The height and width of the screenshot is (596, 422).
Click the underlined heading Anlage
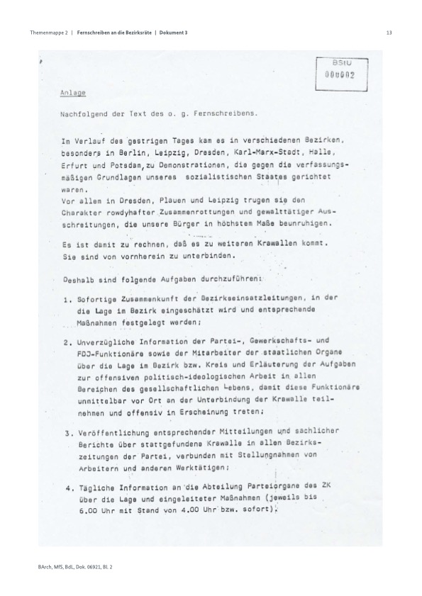72,92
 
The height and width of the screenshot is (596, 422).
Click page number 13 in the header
389,33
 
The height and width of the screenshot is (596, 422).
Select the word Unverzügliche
108,342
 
